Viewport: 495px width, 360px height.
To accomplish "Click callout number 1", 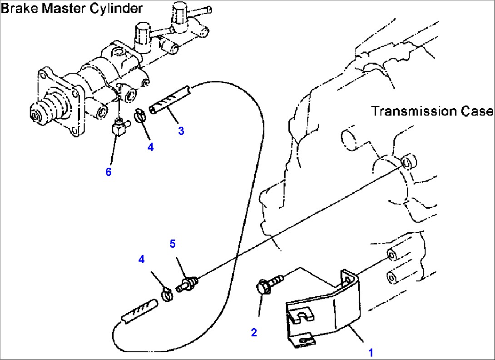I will point(370,352).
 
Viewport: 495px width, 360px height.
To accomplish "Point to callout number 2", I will point(254,332).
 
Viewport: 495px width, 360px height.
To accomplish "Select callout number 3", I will point(181,131).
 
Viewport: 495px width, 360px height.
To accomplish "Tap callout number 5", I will point(172,244).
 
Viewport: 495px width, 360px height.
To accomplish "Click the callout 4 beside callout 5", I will point(142,259).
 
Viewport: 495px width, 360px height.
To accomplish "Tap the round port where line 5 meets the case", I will point(409,160).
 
